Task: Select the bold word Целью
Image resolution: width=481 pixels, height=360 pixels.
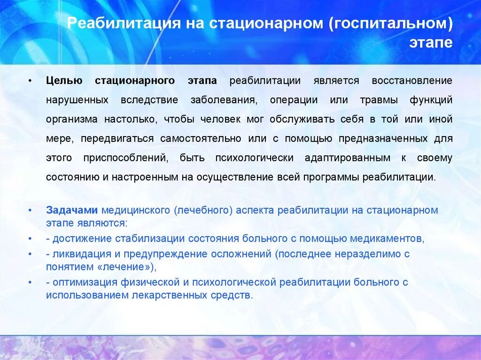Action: pos(64,81)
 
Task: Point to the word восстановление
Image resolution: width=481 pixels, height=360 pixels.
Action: pos(412,81)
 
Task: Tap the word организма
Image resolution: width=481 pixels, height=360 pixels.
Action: pos(72,119)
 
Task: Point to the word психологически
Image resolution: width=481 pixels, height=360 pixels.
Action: pos(254,158)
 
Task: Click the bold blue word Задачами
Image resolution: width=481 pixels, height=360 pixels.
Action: pos(72,210)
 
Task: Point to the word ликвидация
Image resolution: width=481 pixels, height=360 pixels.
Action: pos(78,254)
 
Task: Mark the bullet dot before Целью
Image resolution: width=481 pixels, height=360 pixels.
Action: pos(30,81)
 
